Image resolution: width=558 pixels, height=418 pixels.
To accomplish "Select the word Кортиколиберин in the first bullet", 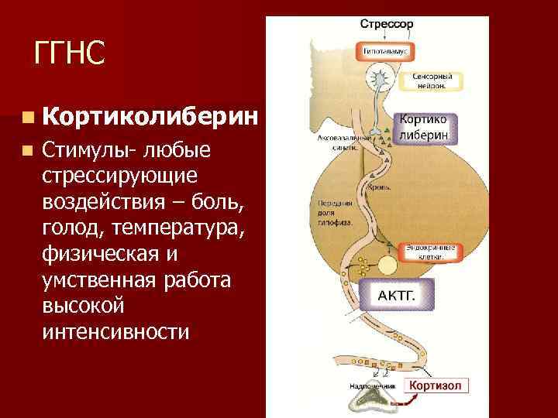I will pos(150,117).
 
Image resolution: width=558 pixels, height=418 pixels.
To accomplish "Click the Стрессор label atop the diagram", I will pos(386,24).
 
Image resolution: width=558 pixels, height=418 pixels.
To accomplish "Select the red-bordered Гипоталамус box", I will pos(386,51).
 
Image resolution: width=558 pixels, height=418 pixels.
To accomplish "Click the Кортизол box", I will pos(437,385).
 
